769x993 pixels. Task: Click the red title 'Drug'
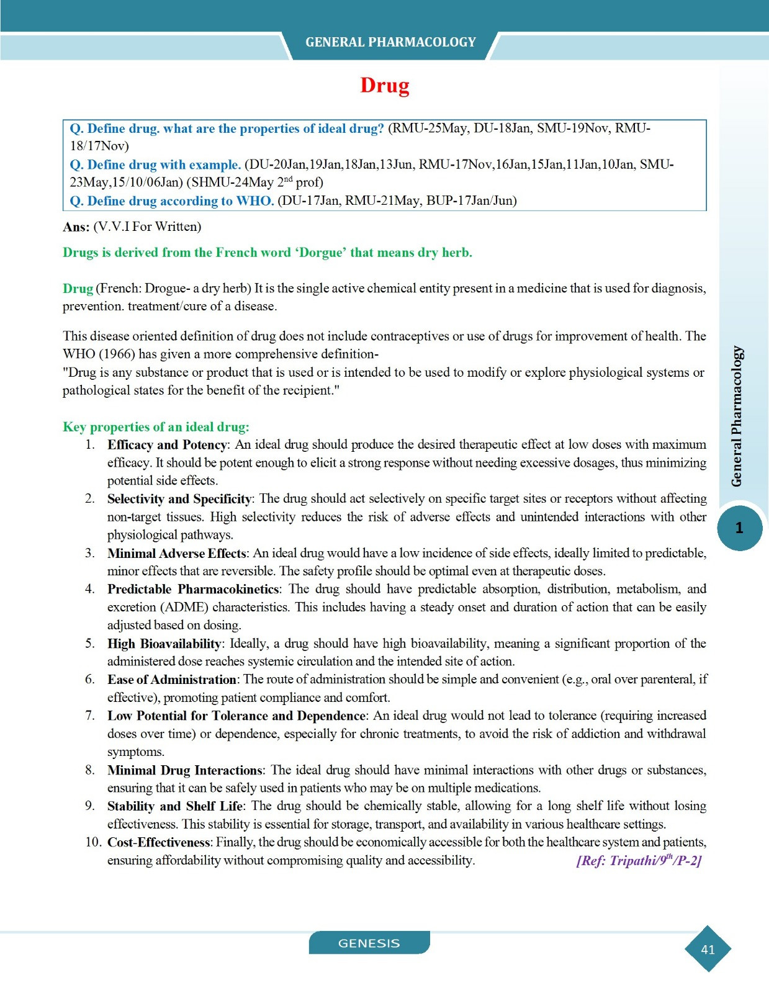click(x=385, y=85)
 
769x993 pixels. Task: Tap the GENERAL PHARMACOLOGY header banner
click(x=390, y=42)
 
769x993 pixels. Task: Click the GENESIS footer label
click(x=369, y=943)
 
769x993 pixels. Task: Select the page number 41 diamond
click(x=708, y=949)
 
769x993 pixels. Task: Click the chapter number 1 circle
click(x=739, y=528)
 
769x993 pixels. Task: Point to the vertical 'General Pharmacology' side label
click(x=737, y=416)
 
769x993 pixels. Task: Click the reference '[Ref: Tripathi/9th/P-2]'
click(x=639, y=860)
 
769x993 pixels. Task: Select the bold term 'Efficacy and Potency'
click(x=166, y=444)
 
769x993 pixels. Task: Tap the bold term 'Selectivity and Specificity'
click(x=179, y=499)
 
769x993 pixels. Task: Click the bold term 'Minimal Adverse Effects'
click(x=177, y=553)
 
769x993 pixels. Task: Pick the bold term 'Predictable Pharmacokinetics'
click(x=193, y=589)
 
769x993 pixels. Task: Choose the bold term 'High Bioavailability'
click(x=164, y=644)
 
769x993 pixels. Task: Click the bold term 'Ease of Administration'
click(x=171, y=680)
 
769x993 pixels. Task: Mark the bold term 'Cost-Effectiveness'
click(x=159, y=842)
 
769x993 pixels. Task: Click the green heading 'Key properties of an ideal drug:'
click(x=156, y=427)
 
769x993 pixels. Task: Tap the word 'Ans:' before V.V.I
click(x=76, y=227)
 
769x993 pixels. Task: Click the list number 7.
click(x=90, y=716)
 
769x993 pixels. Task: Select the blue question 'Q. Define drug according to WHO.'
click(x=171, y=201)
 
